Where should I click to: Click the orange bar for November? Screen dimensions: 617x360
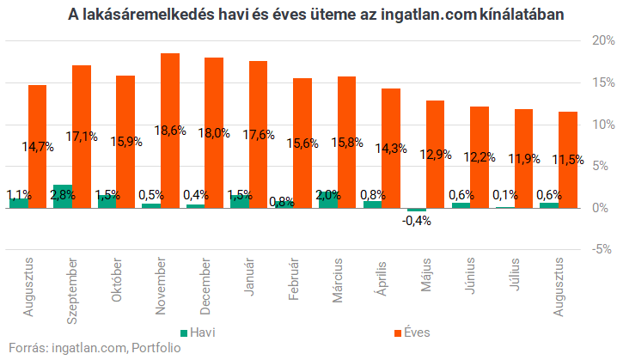(x=170, y=131)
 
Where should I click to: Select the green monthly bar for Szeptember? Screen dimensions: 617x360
(x=63, y=197)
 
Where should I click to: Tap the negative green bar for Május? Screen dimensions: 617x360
(x=417, y=210)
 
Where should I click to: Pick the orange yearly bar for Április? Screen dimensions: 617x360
(x=391, y=149)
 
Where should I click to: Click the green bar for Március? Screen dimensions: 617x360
(x=328, y=199)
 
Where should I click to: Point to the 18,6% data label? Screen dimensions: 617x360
(x=170, y=131)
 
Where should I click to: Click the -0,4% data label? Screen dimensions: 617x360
(x=416, y=221)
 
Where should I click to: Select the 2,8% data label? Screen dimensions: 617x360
(x=63, y=195)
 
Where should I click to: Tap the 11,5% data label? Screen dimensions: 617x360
(x=568, y=159)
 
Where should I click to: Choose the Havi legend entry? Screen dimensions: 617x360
(x=198, y=333)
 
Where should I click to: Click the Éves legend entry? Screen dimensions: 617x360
(x=412, y=333)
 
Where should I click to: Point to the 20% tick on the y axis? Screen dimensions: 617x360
(x=603, y=40)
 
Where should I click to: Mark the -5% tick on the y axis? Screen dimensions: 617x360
(x=602, y=249)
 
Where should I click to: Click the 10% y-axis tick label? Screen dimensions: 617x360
(x=603, y=125)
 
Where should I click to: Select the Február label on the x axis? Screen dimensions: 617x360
(x=294, y=279)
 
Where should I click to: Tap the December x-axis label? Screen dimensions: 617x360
(x=205, y=286)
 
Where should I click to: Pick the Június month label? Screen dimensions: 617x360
(x=470, y=276)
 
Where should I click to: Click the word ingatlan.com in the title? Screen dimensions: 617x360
(x=429, y=15)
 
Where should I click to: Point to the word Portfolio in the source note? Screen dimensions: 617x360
(x=156, y=348)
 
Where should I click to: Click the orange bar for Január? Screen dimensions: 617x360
(x=258, y=135)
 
